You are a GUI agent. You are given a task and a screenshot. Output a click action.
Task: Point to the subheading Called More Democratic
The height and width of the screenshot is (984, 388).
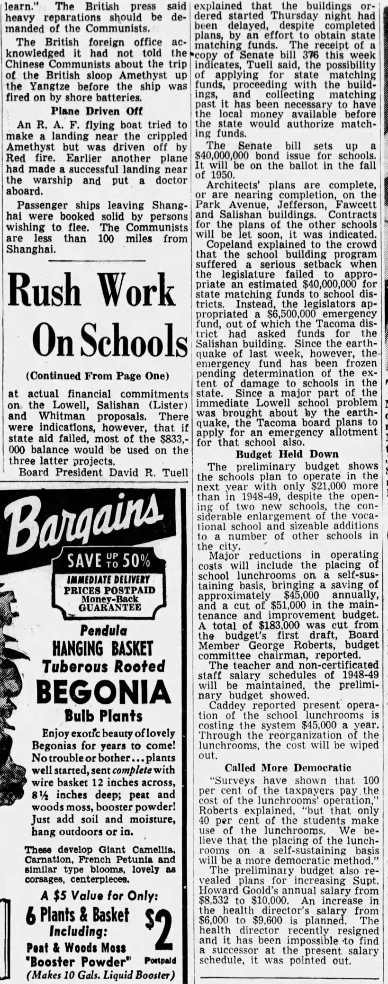(288, 768)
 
